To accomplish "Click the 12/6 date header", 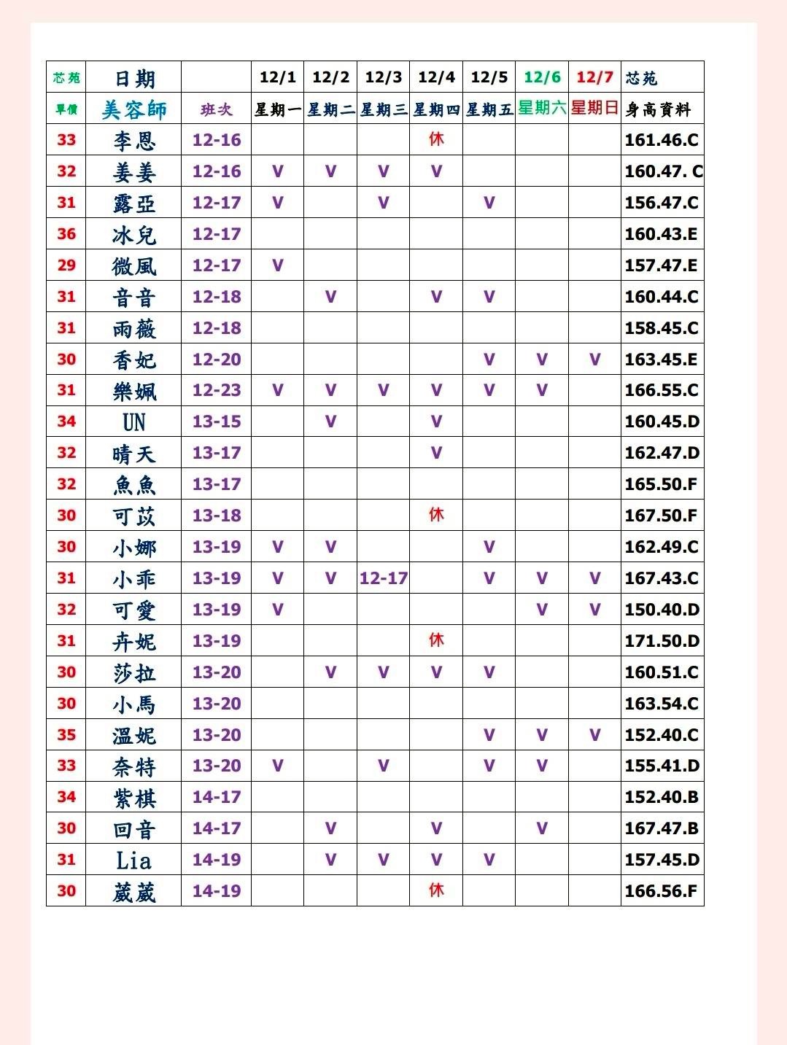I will pos(542,77).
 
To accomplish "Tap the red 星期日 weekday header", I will pos(594,108).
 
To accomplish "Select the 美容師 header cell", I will pos(134,109).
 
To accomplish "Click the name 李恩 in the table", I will pos(134,140).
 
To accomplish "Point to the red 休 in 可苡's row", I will pos(436,515).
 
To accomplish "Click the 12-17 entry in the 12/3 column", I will pos(383,578).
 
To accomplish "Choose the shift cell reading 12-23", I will pos(217,390).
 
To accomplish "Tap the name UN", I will pos(134,422).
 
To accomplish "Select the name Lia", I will pos(134,861).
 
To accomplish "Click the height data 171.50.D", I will pos(662,641).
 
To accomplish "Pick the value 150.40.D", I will pos(662,610).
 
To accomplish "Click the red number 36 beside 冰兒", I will pos(66,234).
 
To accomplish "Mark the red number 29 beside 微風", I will pos(66,265).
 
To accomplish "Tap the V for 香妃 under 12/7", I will pos(595,360).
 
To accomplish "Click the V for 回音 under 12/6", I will pos(542,828).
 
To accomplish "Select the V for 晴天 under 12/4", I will pos(436,453).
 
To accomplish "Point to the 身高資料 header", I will pos(658,109).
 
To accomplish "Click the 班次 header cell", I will pos(217,109).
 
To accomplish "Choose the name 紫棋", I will pos(134,798).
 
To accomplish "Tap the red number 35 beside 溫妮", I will pos(66,735).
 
